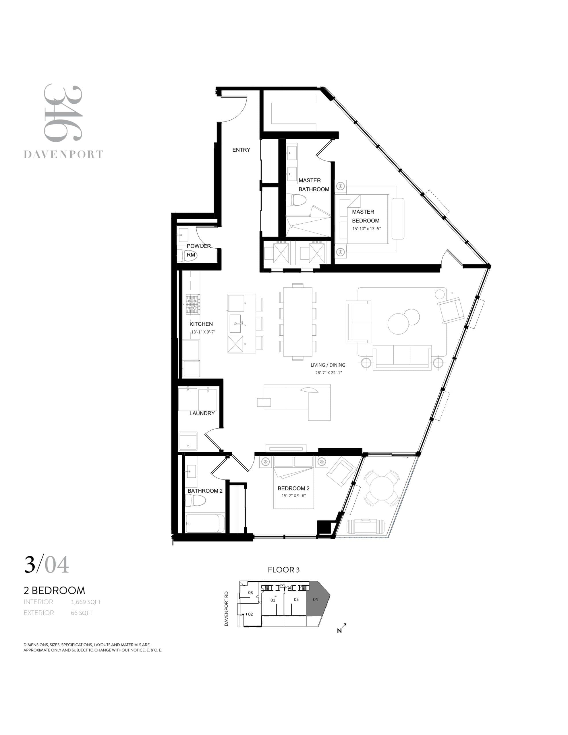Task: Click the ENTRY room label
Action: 241,150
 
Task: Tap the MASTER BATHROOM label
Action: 314,185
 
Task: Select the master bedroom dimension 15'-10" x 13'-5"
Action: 366,229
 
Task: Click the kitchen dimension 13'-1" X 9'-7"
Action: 203,332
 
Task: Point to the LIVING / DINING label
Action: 328,365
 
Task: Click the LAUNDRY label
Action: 202,413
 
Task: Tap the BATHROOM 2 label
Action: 205,491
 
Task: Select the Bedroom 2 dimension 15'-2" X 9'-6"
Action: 293,496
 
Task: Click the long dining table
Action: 297,321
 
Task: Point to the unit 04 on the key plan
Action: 316,599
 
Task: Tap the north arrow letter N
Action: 339,631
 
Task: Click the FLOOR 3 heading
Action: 283,570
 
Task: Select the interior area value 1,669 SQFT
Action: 86,602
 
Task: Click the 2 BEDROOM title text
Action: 54,590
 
